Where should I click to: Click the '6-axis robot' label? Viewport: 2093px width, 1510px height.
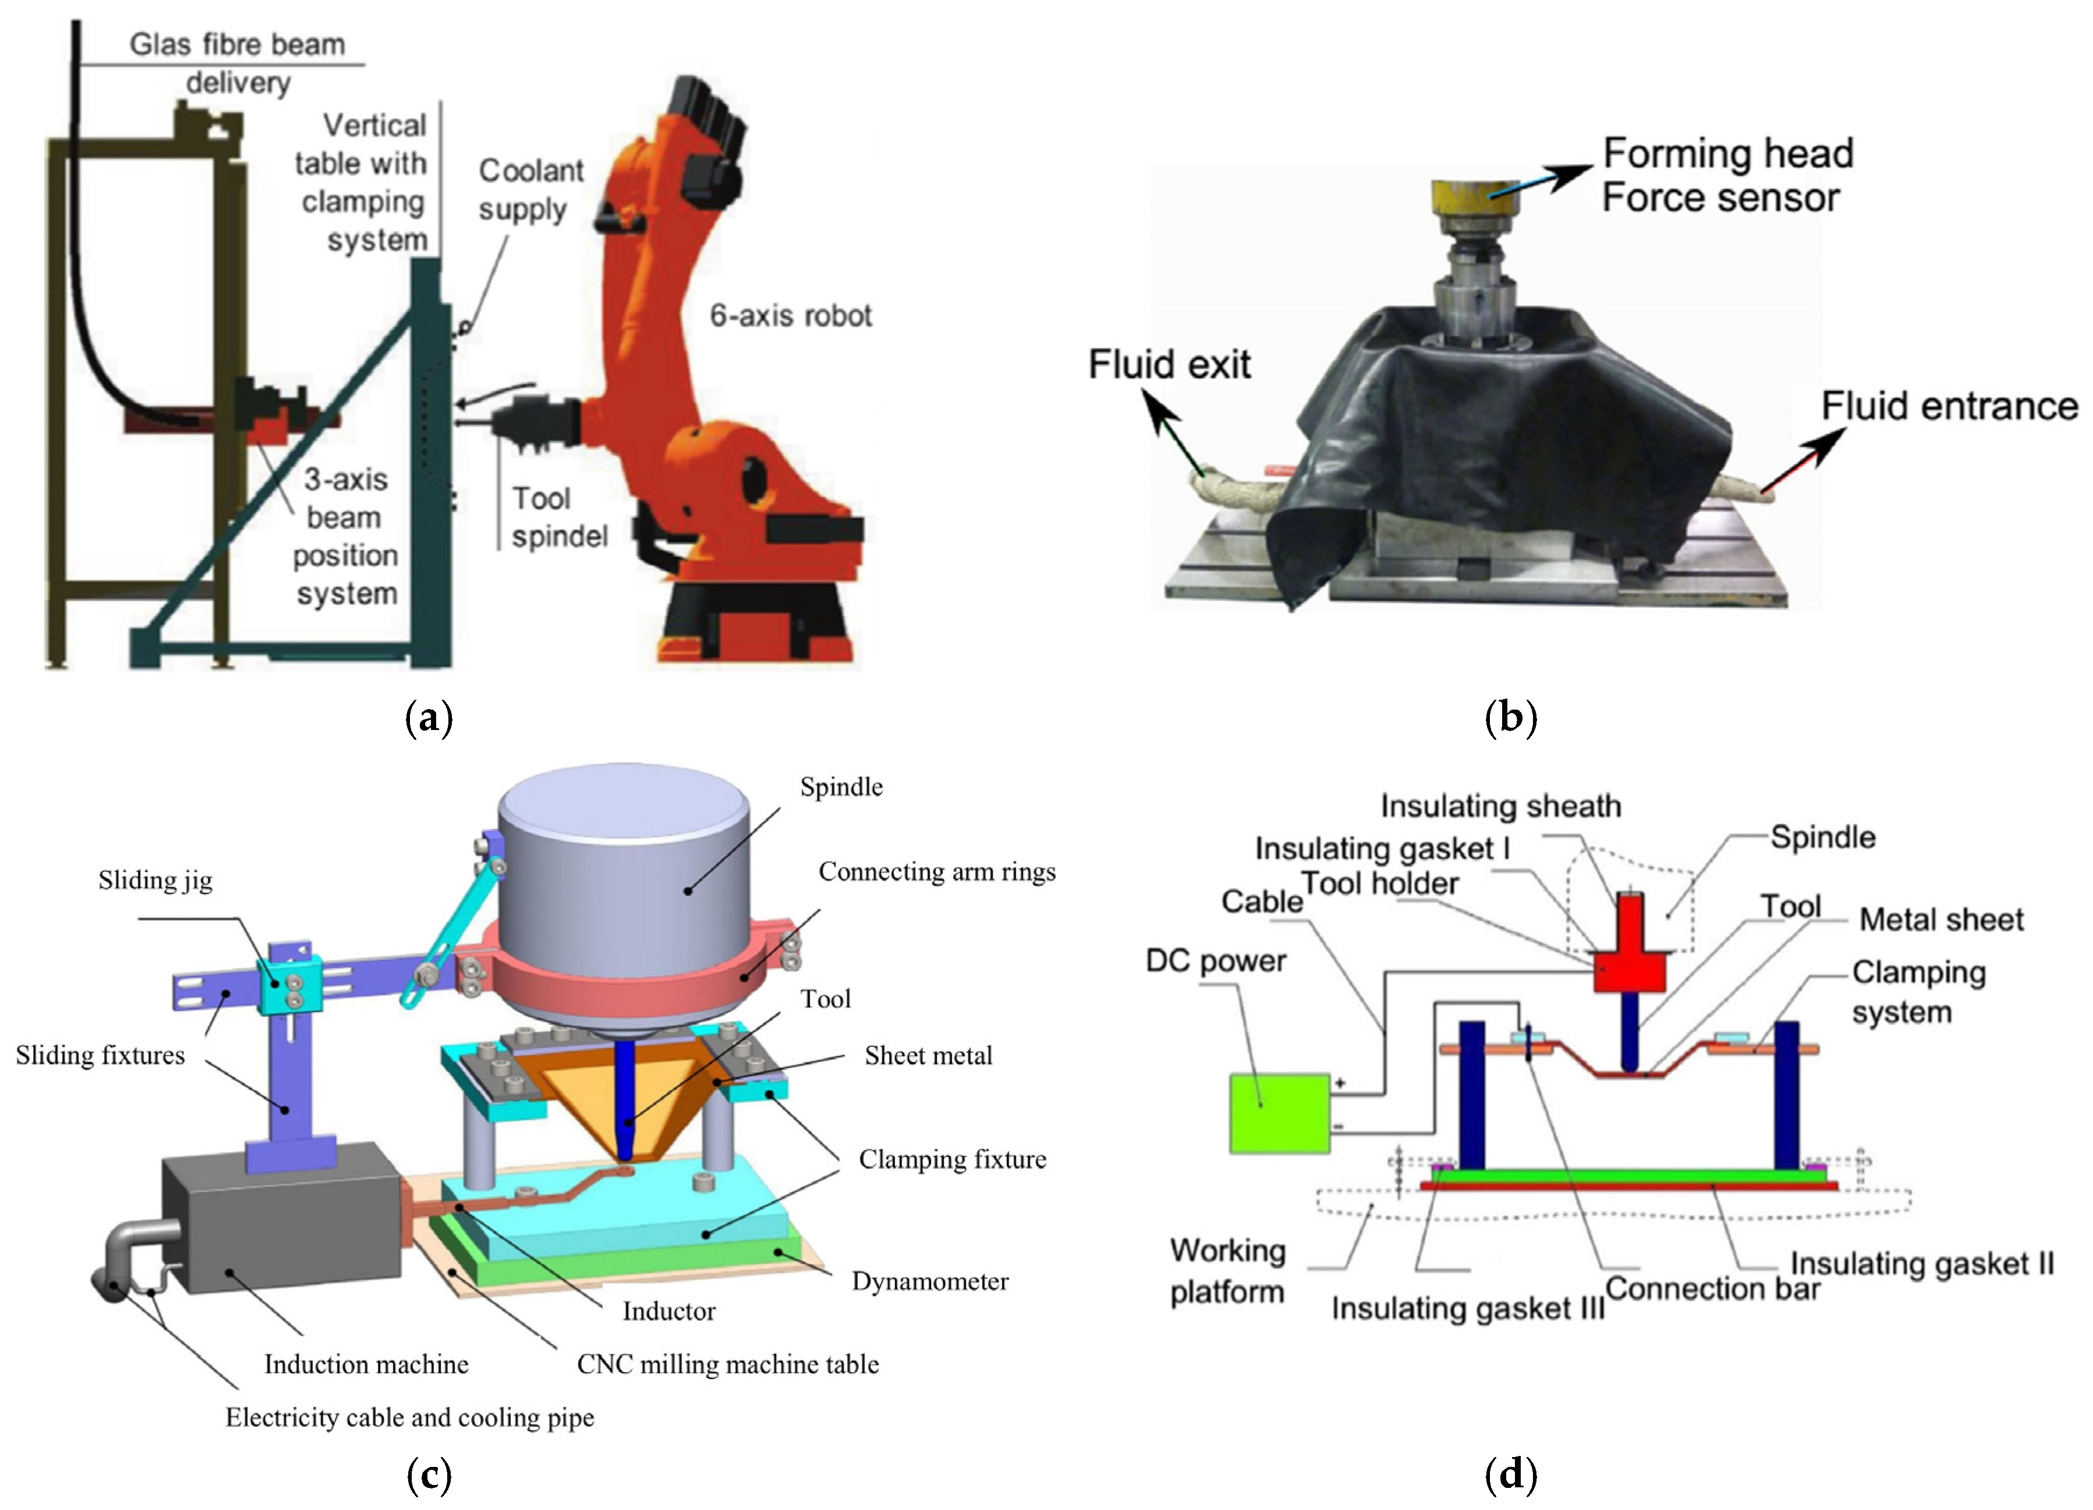[x=790, y=316]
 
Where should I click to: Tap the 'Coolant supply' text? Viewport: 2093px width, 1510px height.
[x=530, y=190]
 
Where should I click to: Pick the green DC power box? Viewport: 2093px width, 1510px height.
[x=1279, y=1113]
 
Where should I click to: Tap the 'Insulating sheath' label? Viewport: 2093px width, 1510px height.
[x=1500, y=806]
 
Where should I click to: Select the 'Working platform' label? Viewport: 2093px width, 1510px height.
[x=1228, y=1271]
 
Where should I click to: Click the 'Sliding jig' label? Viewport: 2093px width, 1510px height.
[x=155, y=881]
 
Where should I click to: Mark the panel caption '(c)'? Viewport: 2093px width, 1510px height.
[x=429, y=1476]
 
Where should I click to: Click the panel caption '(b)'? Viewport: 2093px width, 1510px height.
[x=1511, y=717]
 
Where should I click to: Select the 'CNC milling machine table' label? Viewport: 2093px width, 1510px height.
[x=727, y=1364]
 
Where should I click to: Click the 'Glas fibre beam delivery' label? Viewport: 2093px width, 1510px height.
[x=237, y=63]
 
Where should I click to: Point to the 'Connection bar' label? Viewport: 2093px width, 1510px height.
[x=1713, y=1288]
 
